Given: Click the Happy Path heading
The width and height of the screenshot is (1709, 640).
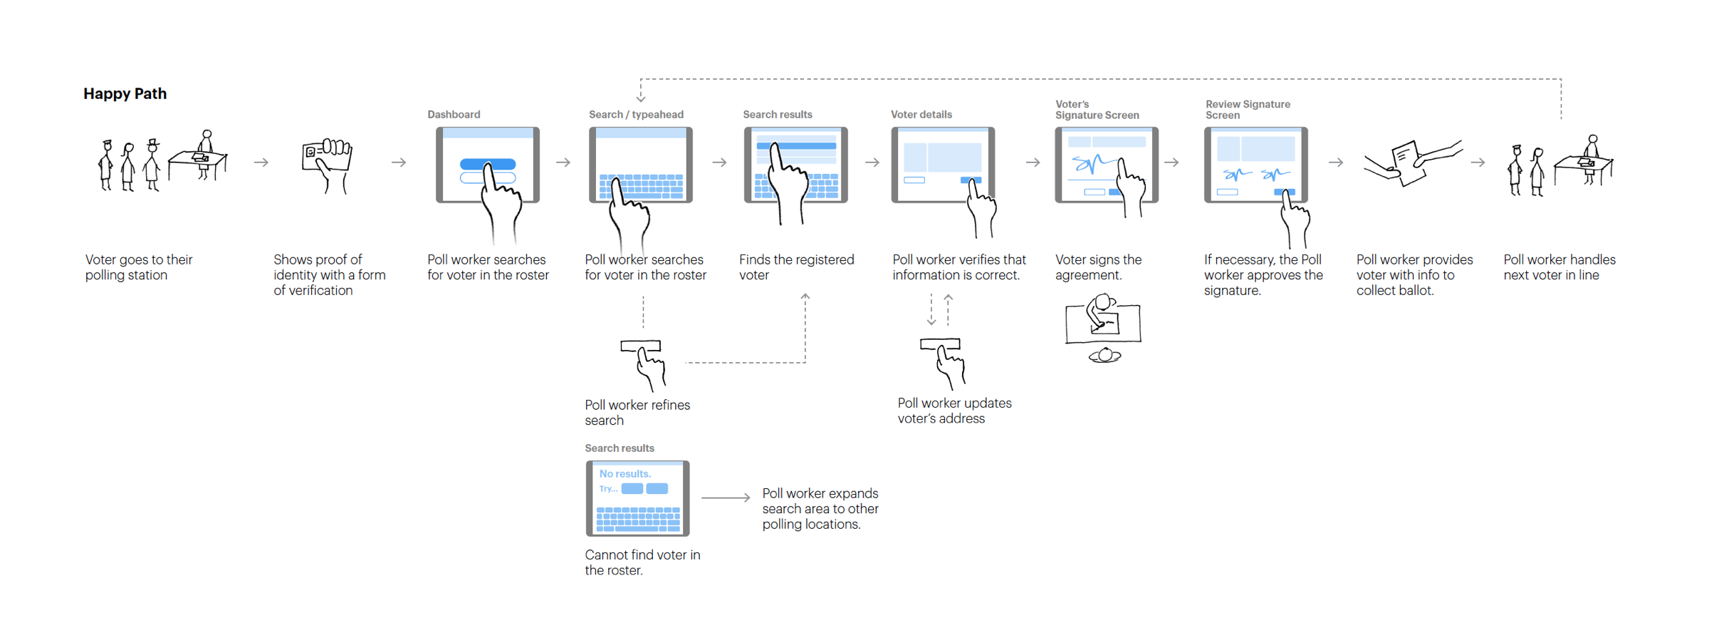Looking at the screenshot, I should [125, 94].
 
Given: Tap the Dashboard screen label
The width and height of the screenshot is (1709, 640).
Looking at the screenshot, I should [454, 115].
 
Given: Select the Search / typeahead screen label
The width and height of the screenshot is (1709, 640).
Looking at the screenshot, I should [636, 115].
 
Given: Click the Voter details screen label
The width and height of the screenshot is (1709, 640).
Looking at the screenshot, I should [921, 115].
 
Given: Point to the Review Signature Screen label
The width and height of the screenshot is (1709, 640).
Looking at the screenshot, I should [1247, 110].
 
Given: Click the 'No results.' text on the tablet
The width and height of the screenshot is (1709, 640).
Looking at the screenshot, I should [624, 474].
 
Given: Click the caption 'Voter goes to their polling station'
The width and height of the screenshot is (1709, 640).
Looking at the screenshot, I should [139, 268].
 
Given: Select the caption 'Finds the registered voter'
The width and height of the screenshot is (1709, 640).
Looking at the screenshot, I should [796, 268].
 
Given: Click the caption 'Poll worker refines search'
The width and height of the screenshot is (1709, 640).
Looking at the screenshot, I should [637, 413].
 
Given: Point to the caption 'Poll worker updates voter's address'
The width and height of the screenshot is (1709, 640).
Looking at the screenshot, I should [953, 411].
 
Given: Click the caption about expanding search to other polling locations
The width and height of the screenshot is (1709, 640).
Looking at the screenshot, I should [820, 509].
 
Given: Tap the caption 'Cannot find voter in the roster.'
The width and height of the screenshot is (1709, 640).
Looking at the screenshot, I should [642, 562].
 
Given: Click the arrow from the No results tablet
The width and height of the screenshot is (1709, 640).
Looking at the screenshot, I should [725, 497].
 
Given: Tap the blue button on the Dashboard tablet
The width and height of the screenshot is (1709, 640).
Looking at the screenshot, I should [487, 165].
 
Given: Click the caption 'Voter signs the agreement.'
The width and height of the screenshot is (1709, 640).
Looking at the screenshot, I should [1098, 268].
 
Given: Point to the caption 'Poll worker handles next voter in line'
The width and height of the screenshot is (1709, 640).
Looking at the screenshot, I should [1559, 268].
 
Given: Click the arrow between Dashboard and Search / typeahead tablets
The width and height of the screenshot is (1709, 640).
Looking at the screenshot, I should [563, 162].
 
